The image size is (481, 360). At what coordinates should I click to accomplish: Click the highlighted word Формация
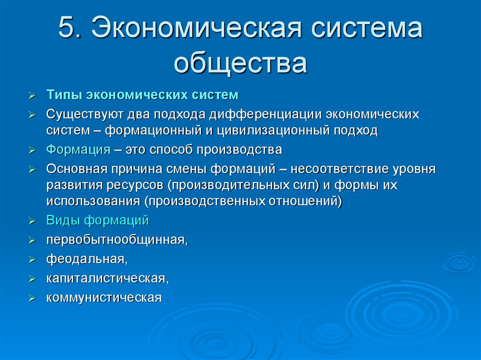pos(78,150)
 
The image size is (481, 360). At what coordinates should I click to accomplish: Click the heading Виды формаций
pos(97,220)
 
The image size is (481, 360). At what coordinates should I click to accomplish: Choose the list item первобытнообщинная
pos(116,240)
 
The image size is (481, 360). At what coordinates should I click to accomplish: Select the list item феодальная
pos(86,259)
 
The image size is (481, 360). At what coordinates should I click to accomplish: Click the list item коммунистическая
pos(103,298)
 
